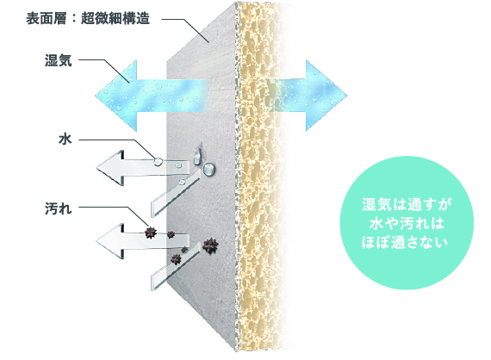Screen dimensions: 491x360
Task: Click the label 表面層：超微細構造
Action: click(x=88, y=19)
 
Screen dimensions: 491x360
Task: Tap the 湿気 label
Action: click(x=59, y=60)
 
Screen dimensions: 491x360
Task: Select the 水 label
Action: click(x=65, y=140)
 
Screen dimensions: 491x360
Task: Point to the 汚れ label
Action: click(x=59, y=208)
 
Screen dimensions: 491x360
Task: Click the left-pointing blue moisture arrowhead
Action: click(x=116, y=95)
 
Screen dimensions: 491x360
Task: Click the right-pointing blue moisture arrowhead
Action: click(x=326, y=95)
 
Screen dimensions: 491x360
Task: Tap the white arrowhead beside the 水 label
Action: click(x=109, y=168)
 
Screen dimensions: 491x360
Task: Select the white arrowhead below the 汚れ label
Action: click(x=109, y=241)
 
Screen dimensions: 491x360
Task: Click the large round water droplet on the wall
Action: click(x=208, y=169)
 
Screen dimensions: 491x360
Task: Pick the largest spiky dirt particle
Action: click(x=210, y=245)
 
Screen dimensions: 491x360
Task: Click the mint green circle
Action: click(x=407, y=223)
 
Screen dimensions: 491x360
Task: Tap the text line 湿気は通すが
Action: click(x=407, y=205)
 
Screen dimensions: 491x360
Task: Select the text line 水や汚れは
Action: click(x=407, y=223)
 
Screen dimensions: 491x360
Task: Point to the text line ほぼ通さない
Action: click(x=404, y=242)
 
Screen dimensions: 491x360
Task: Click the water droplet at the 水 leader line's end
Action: click(x=158, y=162)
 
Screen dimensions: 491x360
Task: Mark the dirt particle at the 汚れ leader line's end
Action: click(x=151, y=233)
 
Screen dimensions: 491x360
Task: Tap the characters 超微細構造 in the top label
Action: click(x=115, y=19)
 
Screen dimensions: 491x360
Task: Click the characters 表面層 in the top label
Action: click(x=46, y=19)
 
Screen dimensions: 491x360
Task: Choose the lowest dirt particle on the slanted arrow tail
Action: click(x=176, y=259)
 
